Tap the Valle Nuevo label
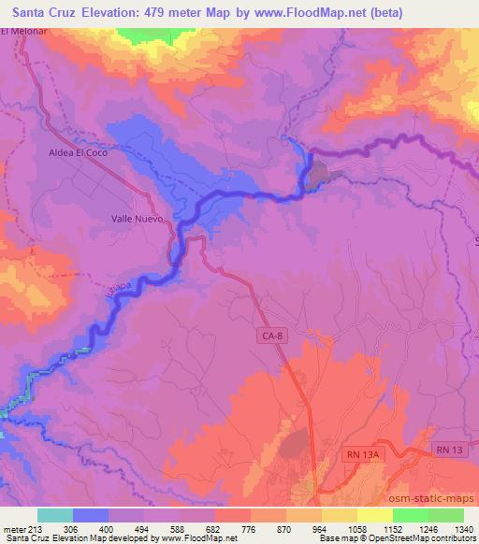pyautogui.click(x=132, y=220)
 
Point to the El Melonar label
pyautogui.click(x=23, y=32)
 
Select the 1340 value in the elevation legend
pyautogui.click(x=463, y=529)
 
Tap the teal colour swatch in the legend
pyautogui.click(x=55, y=515)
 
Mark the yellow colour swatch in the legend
pyautogui.click(x=374, y=515)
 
